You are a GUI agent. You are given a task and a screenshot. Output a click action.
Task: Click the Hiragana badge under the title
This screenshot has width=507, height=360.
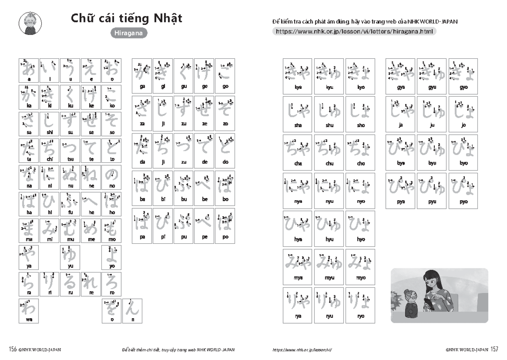[129, 34]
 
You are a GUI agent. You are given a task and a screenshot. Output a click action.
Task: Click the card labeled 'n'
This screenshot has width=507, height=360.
[133, 311]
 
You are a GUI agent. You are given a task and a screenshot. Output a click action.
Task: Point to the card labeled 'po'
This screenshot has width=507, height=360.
[225, 226]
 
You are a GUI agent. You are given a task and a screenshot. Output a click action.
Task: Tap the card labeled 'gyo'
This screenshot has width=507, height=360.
[463, 76]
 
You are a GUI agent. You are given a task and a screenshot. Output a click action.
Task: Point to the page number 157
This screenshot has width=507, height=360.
[495, 349]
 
